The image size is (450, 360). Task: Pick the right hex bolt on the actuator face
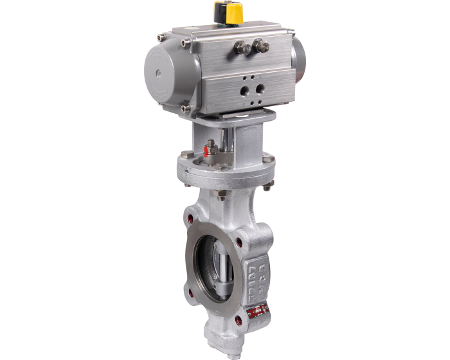click(x=260, y=45)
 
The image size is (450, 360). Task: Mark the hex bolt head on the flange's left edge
click(x=185, y=155)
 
